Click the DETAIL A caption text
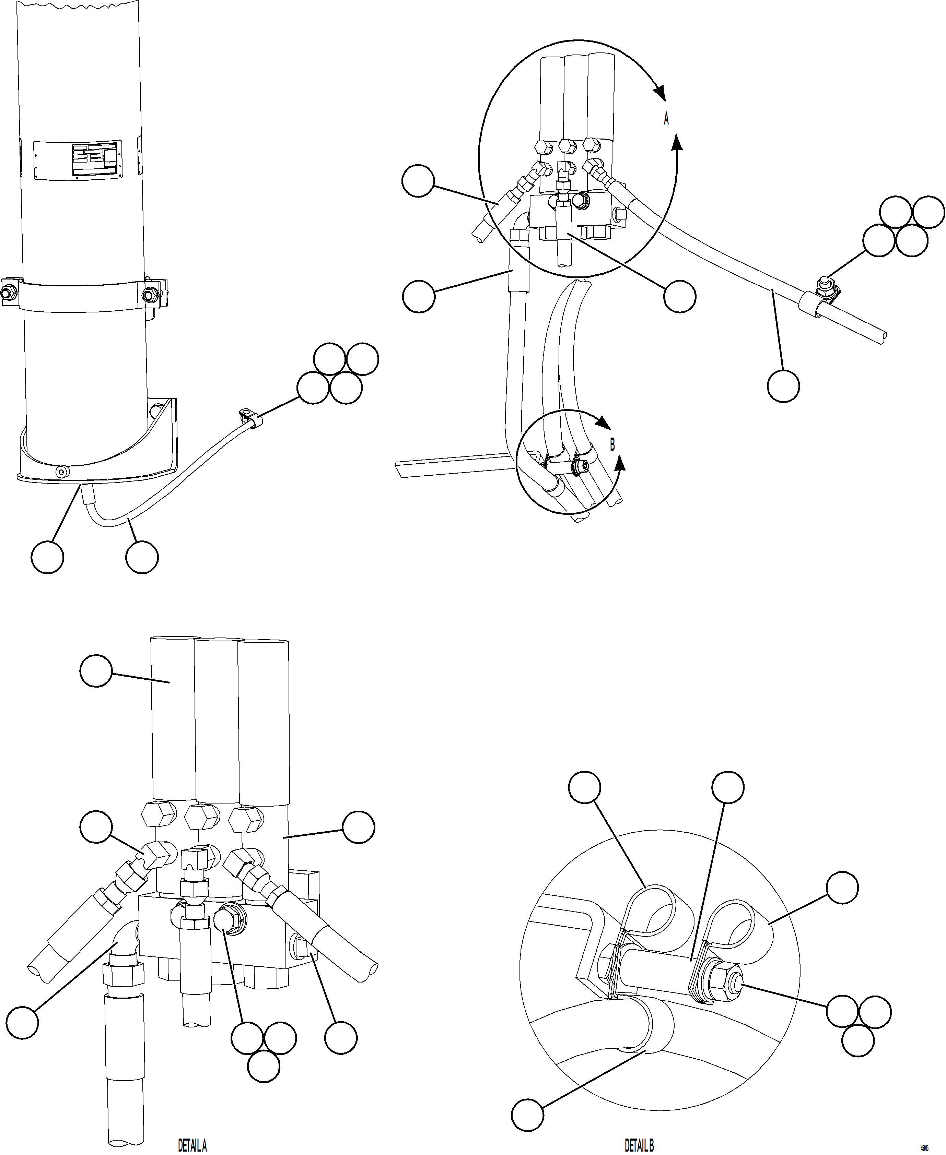pos(192,1145)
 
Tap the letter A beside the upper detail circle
pos(666,119)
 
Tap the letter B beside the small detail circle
pos(612,444)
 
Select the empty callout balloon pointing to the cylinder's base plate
pos(47,557)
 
